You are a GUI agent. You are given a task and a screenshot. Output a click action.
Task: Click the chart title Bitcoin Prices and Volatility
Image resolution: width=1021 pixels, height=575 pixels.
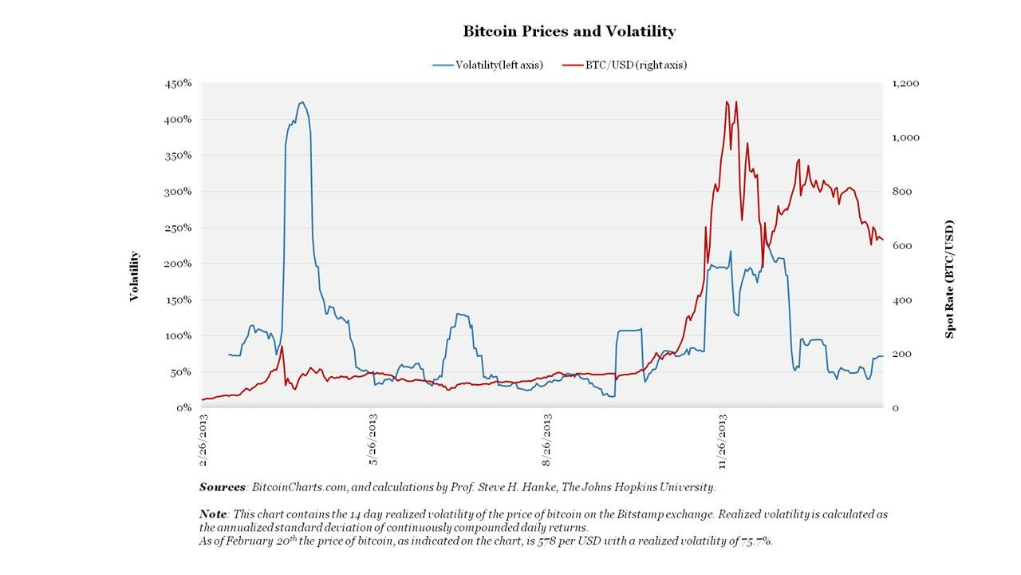[x=569, y=31]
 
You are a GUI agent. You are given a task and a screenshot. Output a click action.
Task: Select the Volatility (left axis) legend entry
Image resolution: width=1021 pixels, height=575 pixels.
[x=487, y=65]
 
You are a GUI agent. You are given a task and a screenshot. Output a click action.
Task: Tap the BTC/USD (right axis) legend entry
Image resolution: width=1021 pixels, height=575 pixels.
[x=625, y=65]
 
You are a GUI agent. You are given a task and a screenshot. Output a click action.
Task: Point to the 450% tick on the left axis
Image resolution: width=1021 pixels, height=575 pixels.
[x=177, y=83]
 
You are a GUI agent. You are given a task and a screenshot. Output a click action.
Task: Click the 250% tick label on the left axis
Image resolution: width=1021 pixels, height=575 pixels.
[x=177, y=228]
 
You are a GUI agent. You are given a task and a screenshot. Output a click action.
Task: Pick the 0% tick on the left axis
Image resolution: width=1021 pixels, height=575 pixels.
[x=183, y=407]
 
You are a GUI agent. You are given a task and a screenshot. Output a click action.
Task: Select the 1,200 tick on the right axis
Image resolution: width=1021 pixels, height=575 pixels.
[x=905, y=83]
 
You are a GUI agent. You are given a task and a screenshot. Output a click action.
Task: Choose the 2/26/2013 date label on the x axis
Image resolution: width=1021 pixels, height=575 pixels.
[x=204, y=440]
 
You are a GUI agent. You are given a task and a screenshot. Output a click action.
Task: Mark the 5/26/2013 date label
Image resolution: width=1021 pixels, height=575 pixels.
[x=373, y=440]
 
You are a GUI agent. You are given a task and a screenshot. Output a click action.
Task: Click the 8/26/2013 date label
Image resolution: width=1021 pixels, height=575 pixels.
[x=546, y=440]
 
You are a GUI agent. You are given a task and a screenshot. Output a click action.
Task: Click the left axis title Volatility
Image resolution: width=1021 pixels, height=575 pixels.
[x=135, y=276]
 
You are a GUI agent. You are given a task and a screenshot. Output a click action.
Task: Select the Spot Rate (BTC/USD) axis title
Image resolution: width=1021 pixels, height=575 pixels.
[x=950, y=280]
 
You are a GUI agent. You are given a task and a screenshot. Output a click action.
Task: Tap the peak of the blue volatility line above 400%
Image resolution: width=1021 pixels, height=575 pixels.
[x=302, y=102]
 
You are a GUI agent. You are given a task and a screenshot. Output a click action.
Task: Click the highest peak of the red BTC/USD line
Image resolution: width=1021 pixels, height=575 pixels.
[x=727, y=101]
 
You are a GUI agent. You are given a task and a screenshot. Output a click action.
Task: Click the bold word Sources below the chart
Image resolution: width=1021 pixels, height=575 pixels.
[x=223, y=486]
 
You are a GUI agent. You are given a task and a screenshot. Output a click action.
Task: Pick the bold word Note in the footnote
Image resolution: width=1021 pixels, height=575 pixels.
[x=213, y=514]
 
